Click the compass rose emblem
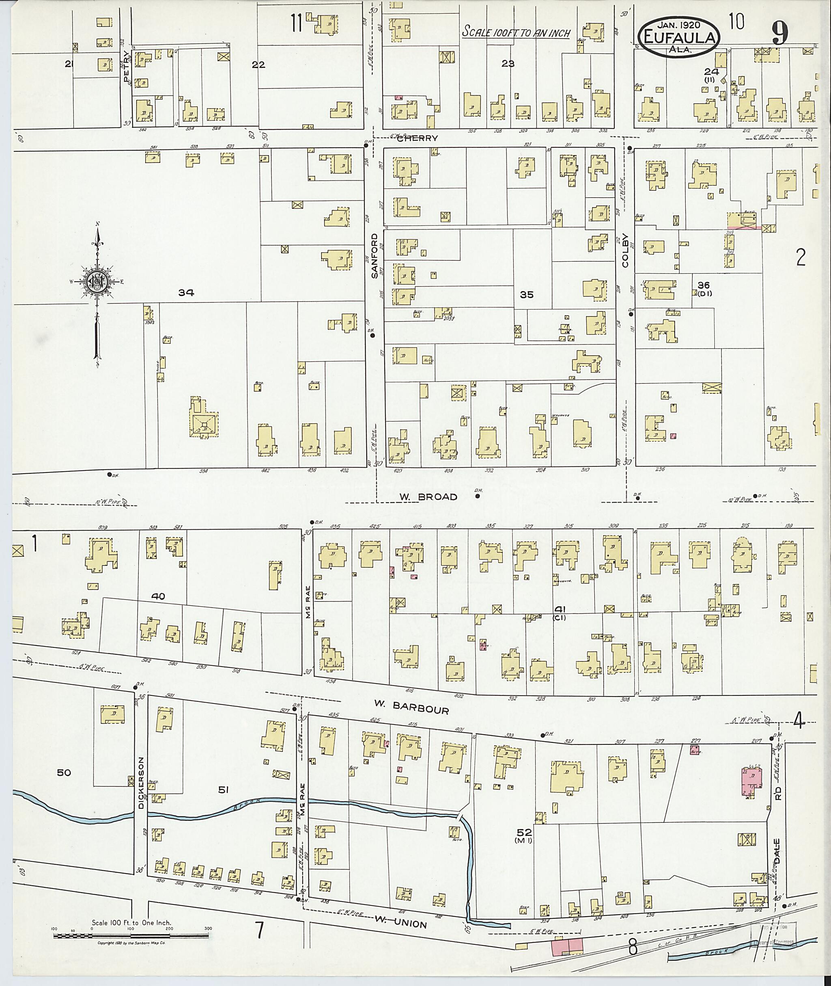(97, 281)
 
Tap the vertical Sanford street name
(375, 256)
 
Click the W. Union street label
(401, 921)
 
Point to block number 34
(186, 293)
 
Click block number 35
(526, 295)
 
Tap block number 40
(158, 596)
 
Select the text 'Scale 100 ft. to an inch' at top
(516, 32)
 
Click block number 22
(258, 65)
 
